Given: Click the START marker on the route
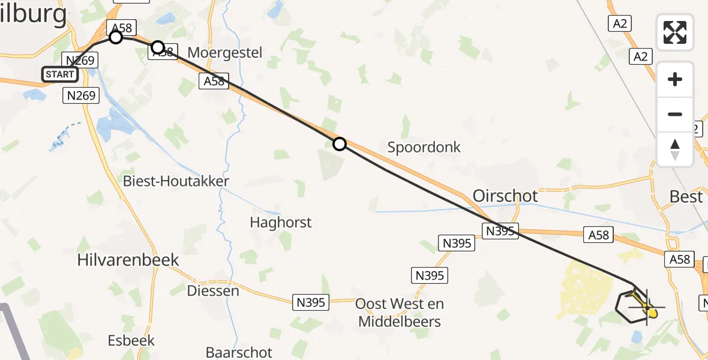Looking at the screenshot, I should click(60, 74).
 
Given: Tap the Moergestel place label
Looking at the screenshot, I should click(224, 52).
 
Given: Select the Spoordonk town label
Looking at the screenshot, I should click(424, 147).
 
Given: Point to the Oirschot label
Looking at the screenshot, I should click(505, 196).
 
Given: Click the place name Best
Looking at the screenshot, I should click(686, 196).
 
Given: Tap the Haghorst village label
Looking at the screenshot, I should click(281, 223).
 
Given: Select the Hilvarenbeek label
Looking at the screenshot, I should click(128, 259).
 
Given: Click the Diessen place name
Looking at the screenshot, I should click(213, 291).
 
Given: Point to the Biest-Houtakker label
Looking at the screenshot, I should click(176, 181).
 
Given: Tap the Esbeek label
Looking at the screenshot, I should click(131, 340).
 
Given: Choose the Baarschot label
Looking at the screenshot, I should click(239, 352).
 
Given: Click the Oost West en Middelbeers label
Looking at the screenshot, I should click(400, 313).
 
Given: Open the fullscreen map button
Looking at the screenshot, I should click(675, 32).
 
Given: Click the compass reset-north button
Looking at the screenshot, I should click(675, 149).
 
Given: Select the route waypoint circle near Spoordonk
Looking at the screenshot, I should click(340, 144).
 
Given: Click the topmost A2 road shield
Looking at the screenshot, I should click(620, 23).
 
